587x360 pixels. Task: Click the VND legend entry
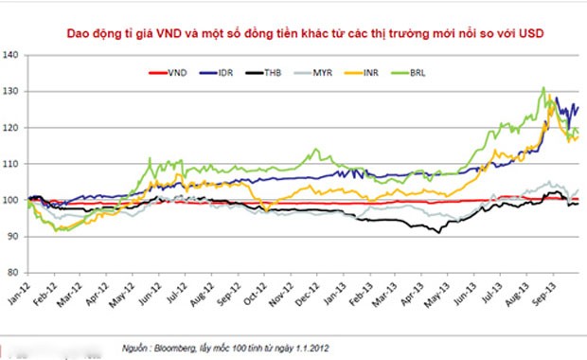[176, 72]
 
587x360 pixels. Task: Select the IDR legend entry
[222, 72]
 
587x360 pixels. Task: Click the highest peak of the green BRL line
[543, 88]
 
